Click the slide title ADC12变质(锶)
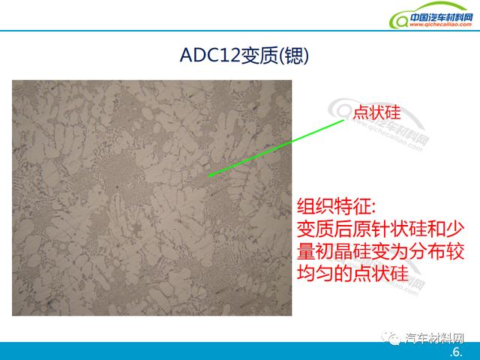coord(244,55)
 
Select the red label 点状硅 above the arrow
coord(376,112)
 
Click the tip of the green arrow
coord(208,176)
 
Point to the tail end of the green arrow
coord(344,121)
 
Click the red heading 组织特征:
coord(336,206)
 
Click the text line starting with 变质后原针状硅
coord(380,229)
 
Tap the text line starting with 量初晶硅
coord(380,251)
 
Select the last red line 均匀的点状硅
coord(352,273)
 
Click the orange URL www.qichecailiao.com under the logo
coord(440,25)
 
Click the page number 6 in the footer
coord(456,352)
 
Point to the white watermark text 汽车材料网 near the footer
coord(434,338)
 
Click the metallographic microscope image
coord(151,198)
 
